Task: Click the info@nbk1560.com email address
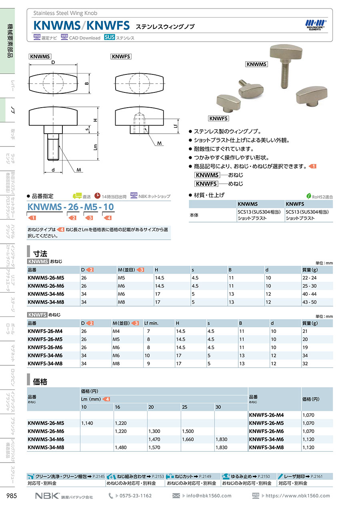coord(209,496)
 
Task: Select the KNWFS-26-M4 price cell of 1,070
coord(308,415)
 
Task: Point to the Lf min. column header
coord(152,323)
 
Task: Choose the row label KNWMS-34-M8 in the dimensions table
coord(46,302)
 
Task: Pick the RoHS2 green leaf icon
coord(309,196)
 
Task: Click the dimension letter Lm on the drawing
coord(96,147)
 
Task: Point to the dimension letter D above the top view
coord(53,62)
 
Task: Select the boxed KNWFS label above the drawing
coord(121,57)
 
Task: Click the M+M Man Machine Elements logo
coord(316,24)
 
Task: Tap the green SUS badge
coord(110,38)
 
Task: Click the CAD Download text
coord(85,38)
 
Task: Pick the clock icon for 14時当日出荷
coord(98,196)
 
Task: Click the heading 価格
coord(41,382)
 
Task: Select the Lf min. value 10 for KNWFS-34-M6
coord(147,355)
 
